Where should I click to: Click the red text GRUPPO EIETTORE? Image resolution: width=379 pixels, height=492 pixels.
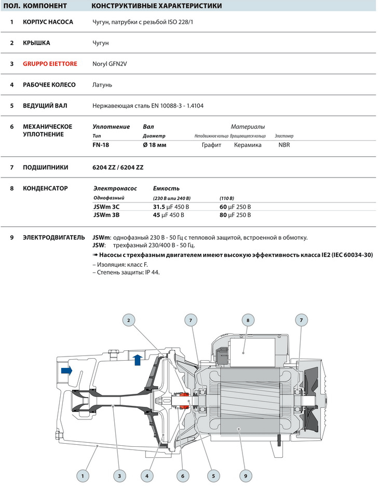[x=50, y=64]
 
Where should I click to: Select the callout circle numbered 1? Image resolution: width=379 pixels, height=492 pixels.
[x=82, y=475]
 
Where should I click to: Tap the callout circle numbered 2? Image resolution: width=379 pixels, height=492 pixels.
[x=129, y=320]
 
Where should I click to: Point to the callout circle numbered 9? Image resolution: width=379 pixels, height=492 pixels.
[x=246, y=475]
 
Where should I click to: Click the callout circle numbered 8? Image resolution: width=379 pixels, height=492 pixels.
[x=248, y=320]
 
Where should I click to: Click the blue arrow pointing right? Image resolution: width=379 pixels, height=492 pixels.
[x=67, y=370]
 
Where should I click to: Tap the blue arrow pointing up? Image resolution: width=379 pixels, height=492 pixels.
[x=137, y=359]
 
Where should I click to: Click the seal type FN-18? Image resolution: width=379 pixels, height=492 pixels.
[x=101, y=145]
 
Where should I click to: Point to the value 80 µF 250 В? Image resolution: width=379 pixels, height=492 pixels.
[x=235, y=215]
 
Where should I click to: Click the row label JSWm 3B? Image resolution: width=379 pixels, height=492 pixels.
[x=106, y=215]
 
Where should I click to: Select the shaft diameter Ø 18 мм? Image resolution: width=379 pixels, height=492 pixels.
[x=154, y=145]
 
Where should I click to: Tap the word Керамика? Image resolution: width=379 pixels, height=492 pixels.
[x=248, y=145]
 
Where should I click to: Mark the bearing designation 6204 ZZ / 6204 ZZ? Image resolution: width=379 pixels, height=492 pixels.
[x=118, y=168]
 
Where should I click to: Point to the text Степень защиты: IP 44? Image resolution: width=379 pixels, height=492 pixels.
[x=125, y=272]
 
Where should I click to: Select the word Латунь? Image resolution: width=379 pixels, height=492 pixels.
[x=102, y=85]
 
